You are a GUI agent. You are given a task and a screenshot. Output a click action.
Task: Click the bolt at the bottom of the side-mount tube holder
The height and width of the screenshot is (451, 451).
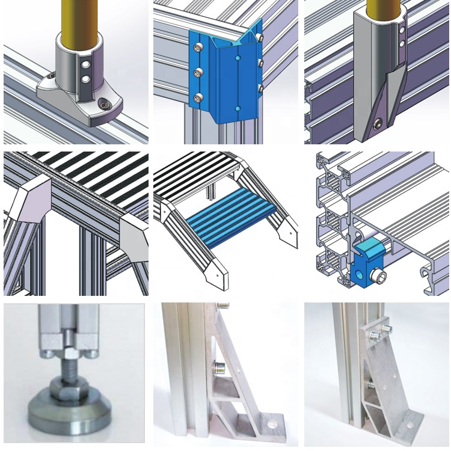click(377, 124)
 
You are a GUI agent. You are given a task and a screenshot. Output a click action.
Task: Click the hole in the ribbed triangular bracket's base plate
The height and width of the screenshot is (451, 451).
click(274, 423)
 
